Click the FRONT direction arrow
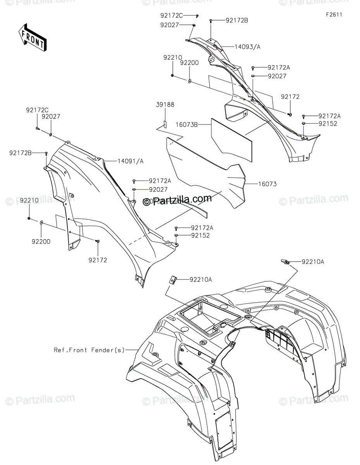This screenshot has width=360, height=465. point(33,38)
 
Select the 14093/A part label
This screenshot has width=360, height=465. point(247,46)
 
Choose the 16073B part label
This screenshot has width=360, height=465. point(186,125)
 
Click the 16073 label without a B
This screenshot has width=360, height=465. point(268,184)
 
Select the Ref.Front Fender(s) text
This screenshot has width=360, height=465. point(89,350)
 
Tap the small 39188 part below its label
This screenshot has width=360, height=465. point(164,124)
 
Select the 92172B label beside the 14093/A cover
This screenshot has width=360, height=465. point(236,20)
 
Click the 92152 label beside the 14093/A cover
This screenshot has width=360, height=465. point(328,124)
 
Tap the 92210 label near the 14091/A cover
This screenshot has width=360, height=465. point(29,200)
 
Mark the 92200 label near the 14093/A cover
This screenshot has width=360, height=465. point(189,62)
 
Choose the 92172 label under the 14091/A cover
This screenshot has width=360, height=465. point(97,260)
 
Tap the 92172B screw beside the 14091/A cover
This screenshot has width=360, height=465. point(47,153)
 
